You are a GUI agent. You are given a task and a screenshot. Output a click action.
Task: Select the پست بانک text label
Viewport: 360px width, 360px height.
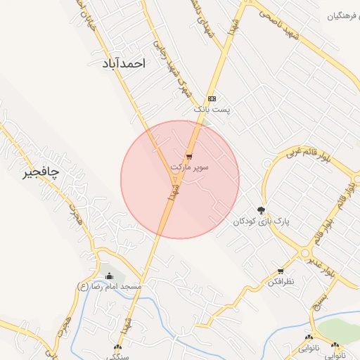click(x=212, y=110)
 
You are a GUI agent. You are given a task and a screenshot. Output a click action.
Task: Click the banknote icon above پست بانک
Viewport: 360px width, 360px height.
click(x=212, y=98)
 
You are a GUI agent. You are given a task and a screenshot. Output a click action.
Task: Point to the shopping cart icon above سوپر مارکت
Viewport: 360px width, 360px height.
click(x=189, y=156)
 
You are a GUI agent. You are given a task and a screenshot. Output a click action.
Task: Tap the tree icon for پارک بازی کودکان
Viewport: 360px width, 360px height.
click(x=262, y=210)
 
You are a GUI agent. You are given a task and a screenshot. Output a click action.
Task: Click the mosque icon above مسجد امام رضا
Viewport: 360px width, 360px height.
click(x=109, y=275)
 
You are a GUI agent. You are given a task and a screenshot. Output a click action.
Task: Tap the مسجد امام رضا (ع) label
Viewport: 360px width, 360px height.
click(x=108, y=287)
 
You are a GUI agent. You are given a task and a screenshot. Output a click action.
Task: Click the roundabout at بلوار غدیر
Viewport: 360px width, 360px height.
click(x=304, y=253)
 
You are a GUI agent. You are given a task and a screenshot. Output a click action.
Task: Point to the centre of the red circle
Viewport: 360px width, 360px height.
click(x=180, y=180)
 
